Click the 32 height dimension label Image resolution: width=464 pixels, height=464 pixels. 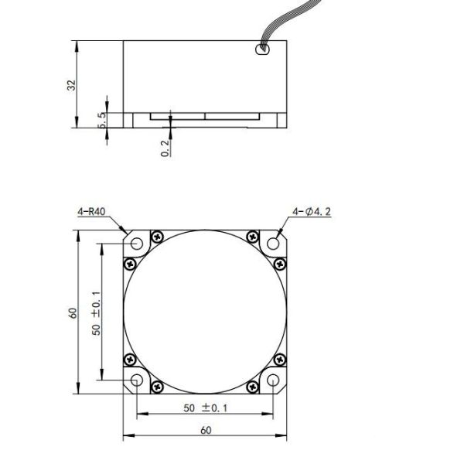[69, 84]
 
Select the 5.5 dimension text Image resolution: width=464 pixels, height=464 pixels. [102, 119]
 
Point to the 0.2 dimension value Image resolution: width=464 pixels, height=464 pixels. [165, 148]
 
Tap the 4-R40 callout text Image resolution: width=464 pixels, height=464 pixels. [90, 210]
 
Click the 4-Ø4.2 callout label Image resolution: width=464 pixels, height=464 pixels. [312, 210]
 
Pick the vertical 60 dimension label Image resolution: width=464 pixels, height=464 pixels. [73, 312]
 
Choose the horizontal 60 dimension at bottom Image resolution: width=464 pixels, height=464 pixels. [206, 430]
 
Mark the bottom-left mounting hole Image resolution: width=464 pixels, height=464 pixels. [138, 380]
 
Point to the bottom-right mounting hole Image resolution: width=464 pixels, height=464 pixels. [274, 380]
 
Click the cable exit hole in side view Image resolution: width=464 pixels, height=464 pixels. [261, 51]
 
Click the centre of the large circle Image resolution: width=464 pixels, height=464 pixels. [206, 312]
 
